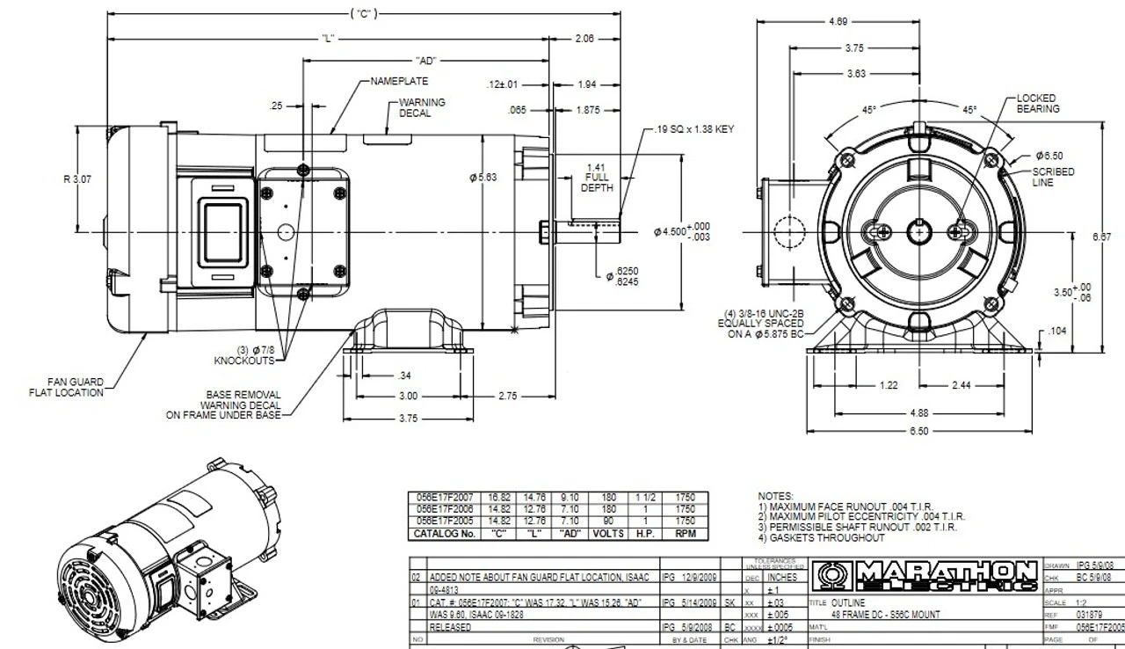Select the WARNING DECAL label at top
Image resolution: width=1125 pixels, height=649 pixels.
click(x=422, y=108)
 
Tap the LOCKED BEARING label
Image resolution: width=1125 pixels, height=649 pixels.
click(x=1038, y=104)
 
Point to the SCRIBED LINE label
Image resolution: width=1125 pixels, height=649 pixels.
click(x=1053, y=177)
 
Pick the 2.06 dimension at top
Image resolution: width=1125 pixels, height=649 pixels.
click(x=584, y=39)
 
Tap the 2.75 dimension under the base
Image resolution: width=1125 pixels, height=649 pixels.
click(x=509, y=397)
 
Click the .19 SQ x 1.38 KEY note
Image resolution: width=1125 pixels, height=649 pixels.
click(x=693, y=129)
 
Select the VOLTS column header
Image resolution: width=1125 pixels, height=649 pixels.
click(x=606, y=534)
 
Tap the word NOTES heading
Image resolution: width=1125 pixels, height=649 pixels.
click(x=775, y=496)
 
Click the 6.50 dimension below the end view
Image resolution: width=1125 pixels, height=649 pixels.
click(x=918, y=431)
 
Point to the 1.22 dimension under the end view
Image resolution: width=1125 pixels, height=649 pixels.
click(x=889, y=385)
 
